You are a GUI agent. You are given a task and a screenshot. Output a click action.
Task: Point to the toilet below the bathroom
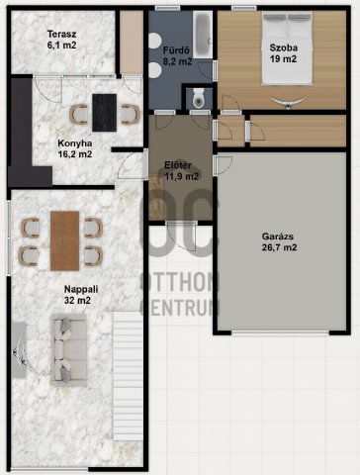(199, 97)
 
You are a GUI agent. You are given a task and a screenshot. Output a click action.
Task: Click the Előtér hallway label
(180, 165)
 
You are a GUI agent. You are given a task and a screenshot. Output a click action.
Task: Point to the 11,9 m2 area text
(180, 177)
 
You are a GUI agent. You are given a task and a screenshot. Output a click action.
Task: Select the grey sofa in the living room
(64, 352)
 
